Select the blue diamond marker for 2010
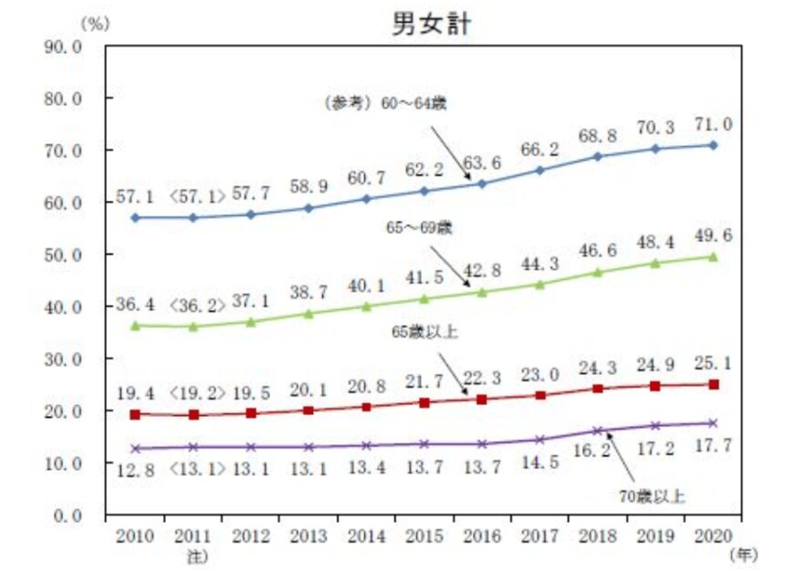[x=135, y=218]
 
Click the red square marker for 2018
[x=598, y=389]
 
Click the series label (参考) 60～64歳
[x=387, y=103]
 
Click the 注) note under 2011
[x=193, y=553]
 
